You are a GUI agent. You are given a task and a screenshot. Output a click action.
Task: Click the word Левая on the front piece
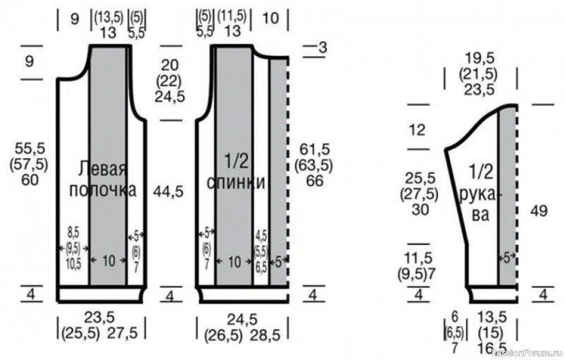tap(103, 168)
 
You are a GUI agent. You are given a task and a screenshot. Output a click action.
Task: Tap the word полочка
tap(102, 190)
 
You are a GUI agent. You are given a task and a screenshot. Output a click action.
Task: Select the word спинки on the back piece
tap(236, 183)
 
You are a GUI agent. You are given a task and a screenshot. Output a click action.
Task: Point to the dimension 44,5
tap(168, 192)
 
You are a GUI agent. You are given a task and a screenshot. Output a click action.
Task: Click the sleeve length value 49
tap(539, 210)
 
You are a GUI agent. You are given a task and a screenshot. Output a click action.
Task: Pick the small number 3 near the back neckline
tap(323, 47)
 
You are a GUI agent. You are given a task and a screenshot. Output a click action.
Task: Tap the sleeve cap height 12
tap(417, 130)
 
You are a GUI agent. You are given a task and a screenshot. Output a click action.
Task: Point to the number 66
tap(314, 181)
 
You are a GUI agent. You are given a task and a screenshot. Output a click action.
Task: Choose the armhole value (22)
tap(169, 81)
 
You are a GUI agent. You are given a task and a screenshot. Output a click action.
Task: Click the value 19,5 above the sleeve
tap(480, 59)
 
